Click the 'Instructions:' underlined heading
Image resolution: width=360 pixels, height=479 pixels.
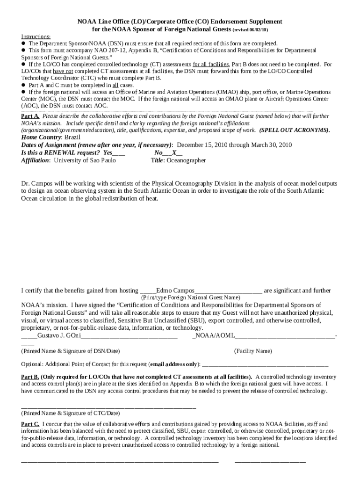pos(36,36)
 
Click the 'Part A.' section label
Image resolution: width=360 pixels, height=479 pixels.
pos(30,116)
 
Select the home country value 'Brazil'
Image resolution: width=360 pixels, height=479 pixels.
pos(72,138)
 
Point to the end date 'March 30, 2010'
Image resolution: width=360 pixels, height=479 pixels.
pos(271,145)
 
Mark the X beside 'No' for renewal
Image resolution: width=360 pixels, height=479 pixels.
pos(174,152)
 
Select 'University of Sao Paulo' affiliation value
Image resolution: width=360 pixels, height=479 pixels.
pos(85,160)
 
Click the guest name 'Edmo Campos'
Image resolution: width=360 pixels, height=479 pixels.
pos(174,290)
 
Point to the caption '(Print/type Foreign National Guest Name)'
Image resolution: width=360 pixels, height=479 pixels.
pos(191,298)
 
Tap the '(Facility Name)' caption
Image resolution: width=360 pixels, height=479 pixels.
pos(252,351)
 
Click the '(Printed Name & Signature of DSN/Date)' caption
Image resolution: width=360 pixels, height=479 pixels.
pos(70,351)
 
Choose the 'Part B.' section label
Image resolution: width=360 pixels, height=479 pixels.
pos(30,377)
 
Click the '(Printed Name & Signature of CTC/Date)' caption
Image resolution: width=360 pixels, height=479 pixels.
pos(70,413)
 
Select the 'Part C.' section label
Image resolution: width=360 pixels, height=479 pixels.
pos(30,424)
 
